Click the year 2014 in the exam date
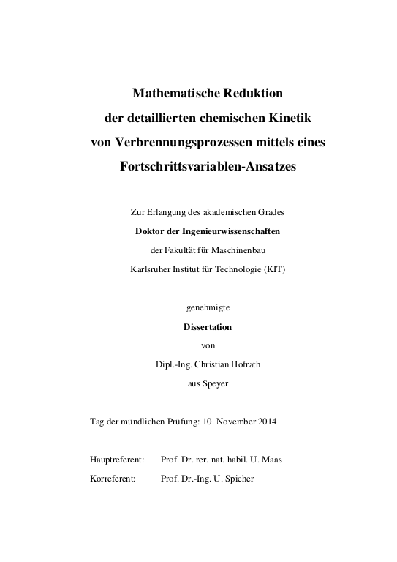[265, 422]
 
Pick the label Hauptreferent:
[116, 460]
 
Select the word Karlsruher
[150, 269]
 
